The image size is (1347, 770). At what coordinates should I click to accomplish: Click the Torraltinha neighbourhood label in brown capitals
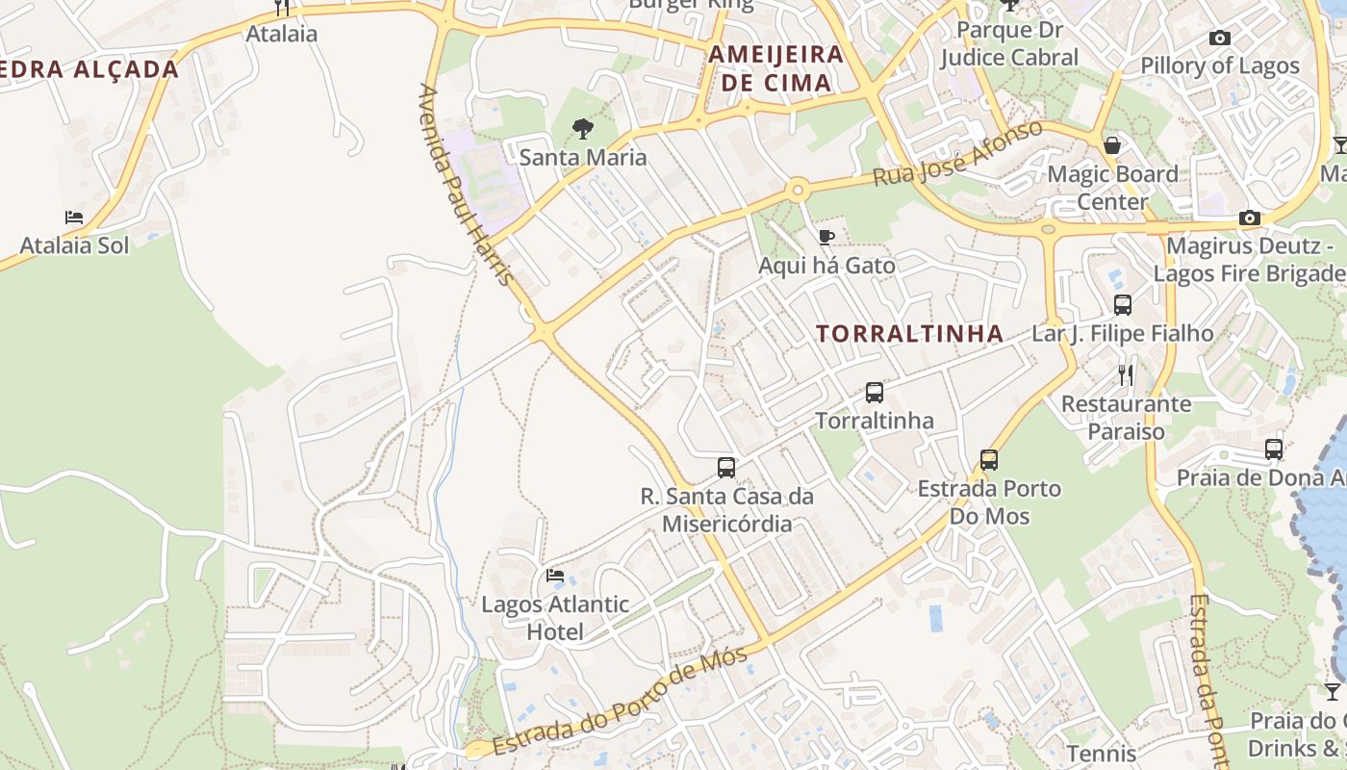pos(909,334)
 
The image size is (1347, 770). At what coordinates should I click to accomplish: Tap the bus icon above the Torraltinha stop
pos(874,393)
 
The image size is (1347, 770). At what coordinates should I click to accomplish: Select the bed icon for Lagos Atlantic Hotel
pos(555,576)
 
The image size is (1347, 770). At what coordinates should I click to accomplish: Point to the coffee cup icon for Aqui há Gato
pos(826,237)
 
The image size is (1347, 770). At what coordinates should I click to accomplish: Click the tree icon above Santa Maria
pos(582,129)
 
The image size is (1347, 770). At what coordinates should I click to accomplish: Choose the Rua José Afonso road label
pos(957,154)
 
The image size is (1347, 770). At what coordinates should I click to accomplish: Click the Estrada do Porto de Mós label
pos(620,702)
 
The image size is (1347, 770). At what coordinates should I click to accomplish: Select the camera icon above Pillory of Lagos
pos(1219,38)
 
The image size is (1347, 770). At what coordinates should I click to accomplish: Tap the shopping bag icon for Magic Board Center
pos(1112,145)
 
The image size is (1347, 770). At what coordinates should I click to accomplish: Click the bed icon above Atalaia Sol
pos(74,218)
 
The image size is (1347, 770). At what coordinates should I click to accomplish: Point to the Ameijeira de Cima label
pos(775,67)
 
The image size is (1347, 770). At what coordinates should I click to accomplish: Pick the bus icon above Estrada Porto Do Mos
pos(988,460)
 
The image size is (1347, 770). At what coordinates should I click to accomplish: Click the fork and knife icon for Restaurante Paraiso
pos(1126,374)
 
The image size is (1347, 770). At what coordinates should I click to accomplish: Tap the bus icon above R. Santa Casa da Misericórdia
pos(726,468)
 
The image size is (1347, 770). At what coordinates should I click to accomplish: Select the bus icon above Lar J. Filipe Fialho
pos(1122,305)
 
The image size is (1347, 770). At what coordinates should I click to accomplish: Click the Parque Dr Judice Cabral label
pos(1009,43)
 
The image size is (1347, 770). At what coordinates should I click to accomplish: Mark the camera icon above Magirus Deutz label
pos(1249,218)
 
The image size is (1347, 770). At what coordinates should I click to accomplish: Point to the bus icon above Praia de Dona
pos(1273,449)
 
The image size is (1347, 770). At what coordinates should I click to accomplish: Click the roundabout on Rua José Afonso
pos(797,191)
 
